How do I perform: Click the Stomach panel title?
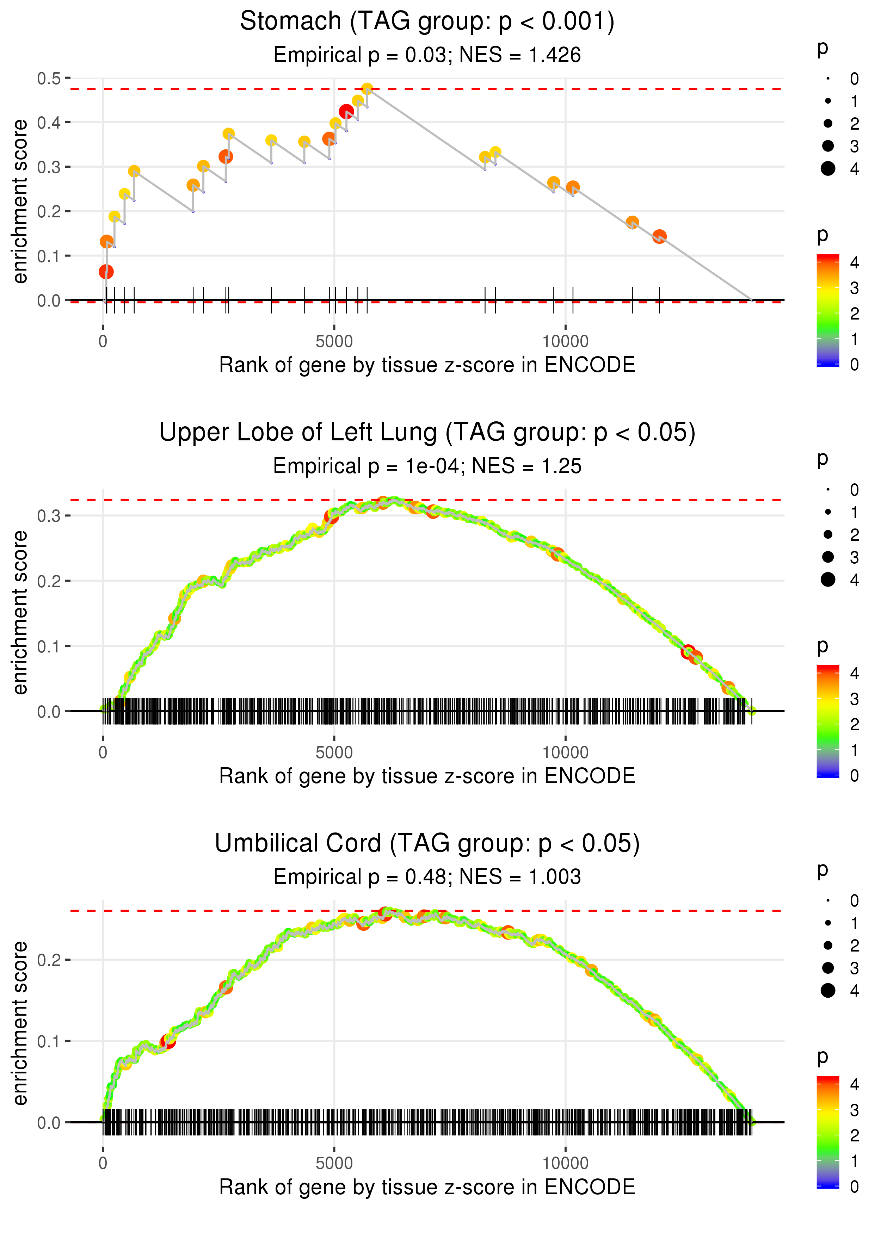(427, 22)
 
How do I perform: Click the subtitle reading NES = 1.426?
(520, 55)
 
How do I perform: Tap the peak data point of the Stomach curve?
(367, 88)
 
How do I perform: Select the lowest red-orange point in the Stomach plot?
(106, 272)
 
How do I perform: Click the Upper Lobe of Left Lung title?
(427, 433)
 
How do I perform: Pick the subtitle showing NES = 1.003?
(520, 877)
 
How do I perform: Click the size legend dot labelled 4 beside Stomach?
(828, 169)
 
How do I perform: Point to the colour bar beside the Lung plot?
(828, 721)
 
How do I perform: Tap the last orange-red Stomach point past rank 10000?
(659, 236)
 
